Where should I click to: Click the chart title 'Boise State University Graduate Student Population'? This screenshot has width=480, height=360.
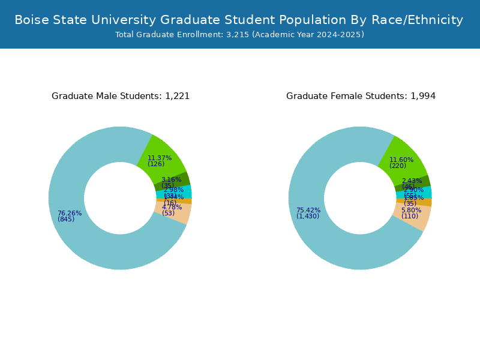(x=239, y=20)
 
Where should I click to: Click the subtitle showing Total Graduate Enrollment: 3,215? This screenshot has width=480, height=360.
(x=239, y=35)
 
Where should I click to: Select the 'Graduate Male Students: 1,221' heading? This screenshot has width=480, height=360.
(x=121, y=96)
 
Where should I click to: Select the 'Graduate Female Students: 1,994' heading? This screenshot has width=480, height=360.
(x=361, y=96)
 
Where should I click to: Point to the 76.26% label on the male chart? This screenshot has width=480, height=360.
(x=70, y=214)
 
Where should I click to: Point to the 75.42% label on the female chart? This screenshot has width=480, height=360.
(x=308, y=211)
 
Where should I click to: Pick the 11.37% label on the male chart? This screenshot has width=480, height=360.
(x=160, y=158)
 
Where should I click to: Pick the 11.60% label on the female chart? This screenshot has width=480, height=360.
(x=401, y=160)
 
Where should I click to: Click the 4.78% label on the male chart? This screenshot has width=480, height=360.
(x=172, y=208)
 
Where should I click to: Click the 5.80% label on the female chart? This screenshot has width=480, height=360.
(x=411, y=211)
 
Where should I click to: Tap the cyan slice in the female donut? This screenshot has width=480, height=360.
(x=427, y=193)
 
